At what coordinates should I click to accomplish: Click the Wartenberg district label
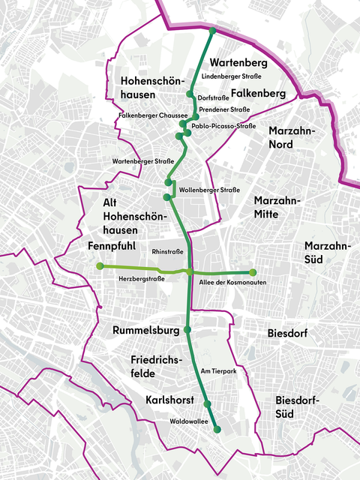tap(238, 61)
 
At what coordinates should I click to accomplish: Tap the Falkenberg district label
tap(259, 93)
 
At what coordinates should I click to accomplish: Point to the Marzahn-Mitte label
tap(277, 208)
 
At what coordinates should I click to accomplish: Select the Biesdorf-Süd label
tap(297, 406)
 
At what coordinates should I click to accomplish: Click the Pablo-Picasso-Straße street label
tap(224, 127)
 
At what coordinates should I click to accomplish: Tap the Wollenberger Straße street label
tap(210, 191)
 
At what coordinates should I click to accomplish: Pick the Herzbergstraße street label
tap(142, 279)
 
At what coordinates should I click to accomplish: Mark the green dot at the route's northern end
tap(212, 31)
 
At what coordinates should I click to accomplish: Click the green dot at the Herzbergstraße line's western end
tap(100, 266)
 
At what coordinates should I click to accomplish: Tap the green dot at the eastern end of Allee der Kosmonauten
tap(253, 272)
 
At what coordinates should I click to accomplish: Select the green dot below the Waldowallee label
tap(217, 430)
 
